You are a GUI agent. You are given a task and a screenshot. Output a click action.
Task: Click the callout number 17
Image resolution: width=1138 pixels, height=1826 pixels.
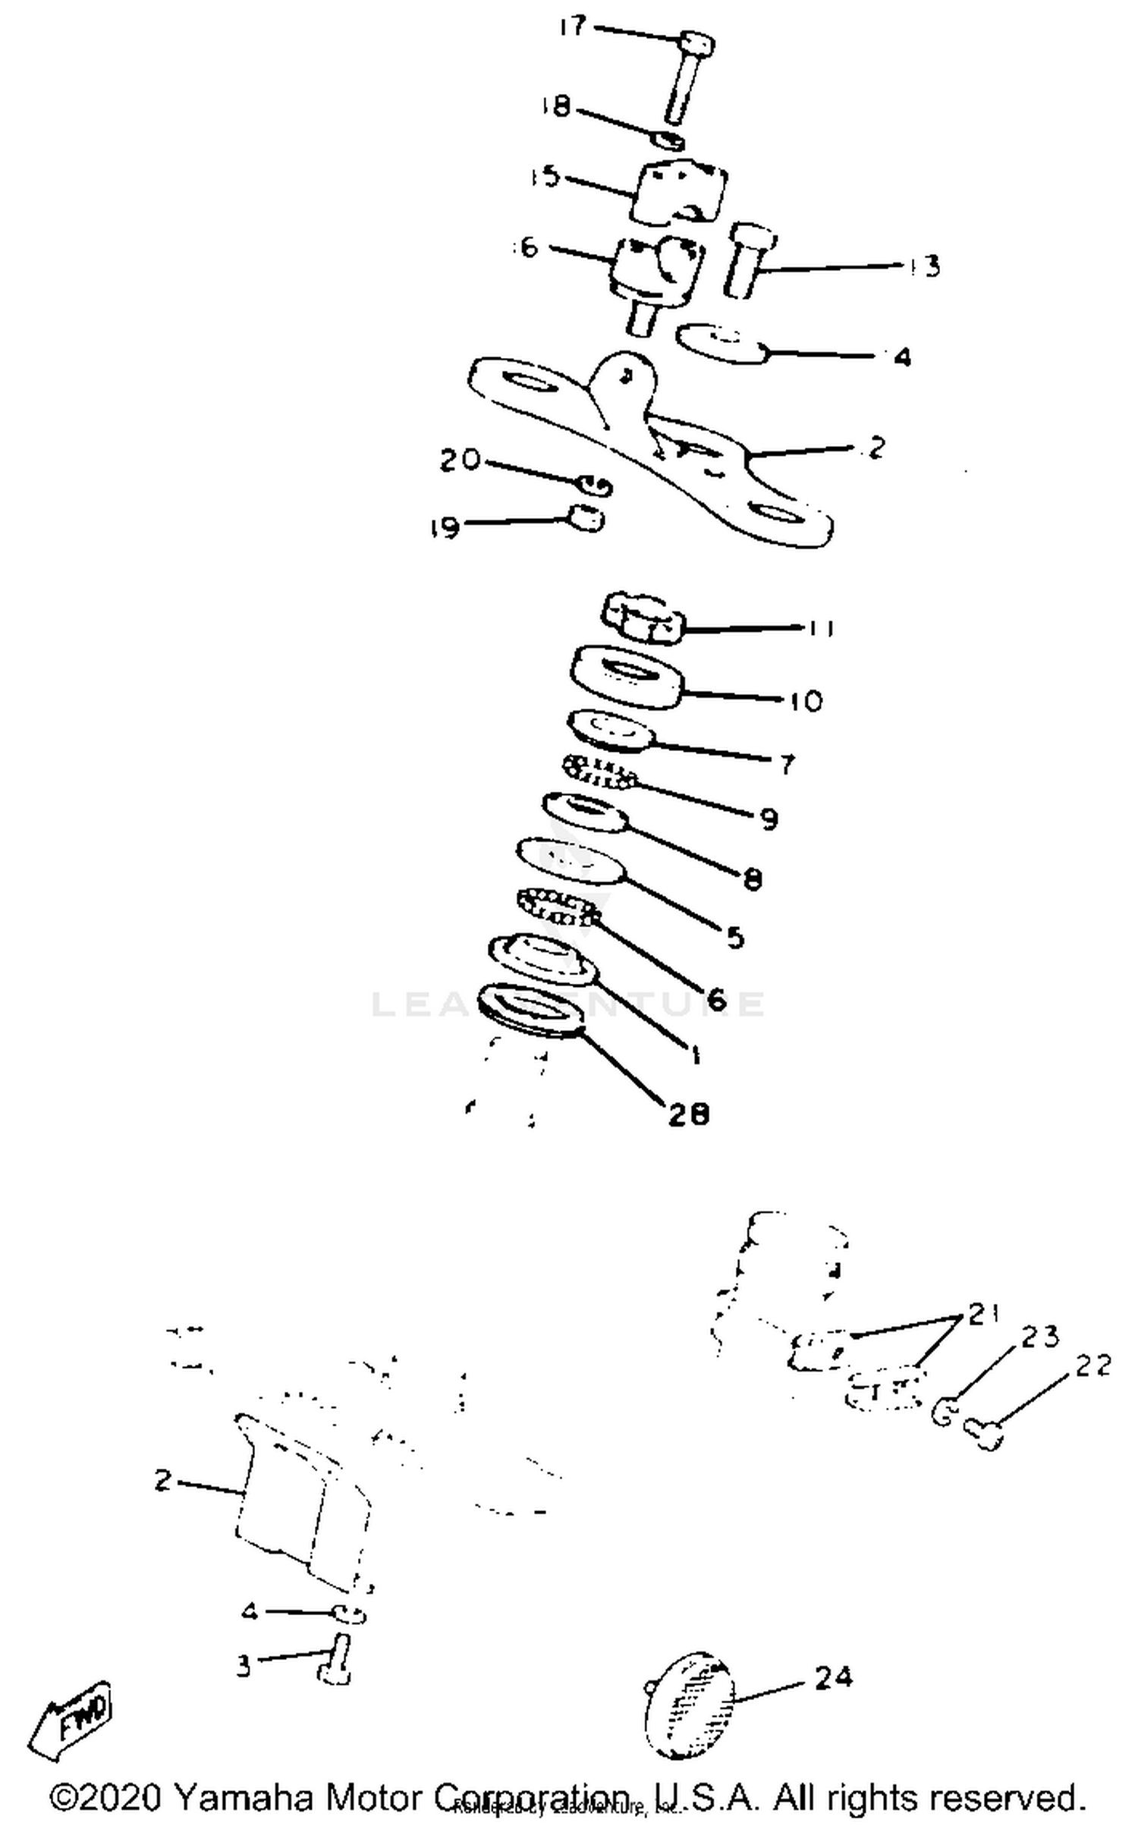(573, 27)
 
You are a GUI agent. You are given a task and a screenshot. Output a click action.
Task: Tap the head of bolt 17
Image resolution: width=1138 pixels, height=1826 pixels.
(696, 43)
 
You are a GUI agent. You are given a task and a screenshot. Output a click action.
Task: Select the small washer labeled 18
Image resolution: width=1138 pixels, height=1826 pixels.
(668, 140)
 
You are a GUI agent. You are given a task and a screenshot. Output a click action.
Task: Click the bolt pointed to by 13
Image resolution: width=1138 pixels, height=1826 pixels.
(747, 258)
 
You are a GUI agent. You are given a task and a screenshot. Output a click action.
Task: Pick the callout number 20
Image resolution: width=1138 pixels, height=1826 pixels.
(461, 460)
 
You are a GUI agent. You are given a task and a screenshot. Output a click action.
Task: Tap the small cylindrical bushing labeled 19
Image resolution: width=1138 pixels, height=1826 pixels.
(587, 519)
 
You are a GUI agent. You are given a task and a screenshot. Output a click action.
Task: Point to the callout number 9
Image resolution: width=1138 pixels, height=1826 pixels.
(768, 819)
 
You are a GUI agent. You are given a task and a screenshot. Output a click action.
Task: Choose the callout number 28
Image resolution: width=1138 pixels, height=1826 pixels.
(688, 1114)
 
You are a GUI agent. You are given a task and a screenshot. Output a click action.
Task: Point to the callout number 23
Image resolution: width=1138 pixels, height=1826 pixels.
(1039, 1337)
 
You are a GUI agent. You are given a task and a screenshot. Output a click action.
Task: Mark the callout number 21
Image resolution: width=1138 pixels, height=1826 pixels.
(984, 1315)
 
